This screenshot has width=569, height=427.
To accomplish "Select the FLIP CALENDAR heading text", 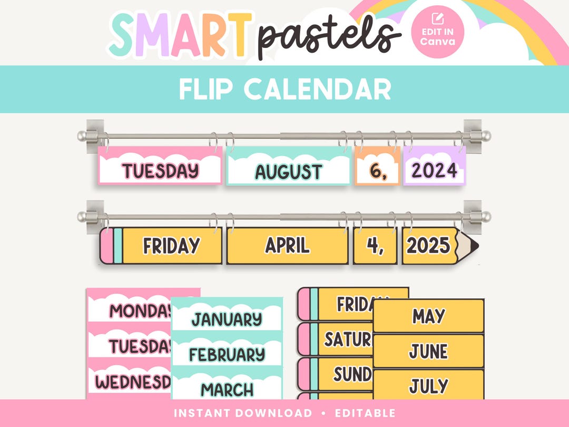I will pos(284,89).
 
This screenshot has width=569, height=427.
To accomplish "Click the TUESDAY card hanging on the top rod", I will pos(160,170).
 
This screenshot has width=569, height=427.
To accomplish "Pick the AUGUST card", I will pos(288,171).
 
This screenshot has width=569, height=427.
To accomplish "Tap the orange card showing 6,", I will pos(377,170).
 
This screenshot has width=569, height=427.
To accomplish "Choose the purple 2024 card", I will pos(434,170).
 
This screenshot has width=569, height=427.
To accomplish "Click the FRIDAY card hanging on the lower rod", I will pos(171,246).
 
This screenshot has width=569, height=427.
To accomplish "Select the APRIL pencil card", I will pos(287,246).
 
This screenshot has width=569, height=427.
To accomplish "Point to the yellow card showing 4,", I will pos(375,246).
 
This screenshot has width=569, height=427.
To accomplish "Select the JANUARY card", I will pos(227,318).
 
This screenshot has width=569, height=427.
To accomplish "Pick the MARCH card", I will pos(227,389).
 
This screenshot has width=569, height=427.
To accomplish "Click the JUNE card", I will pos(428,351).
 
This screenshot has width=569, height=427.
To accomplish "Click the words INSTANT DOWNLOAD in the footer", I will pos(242,413).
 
